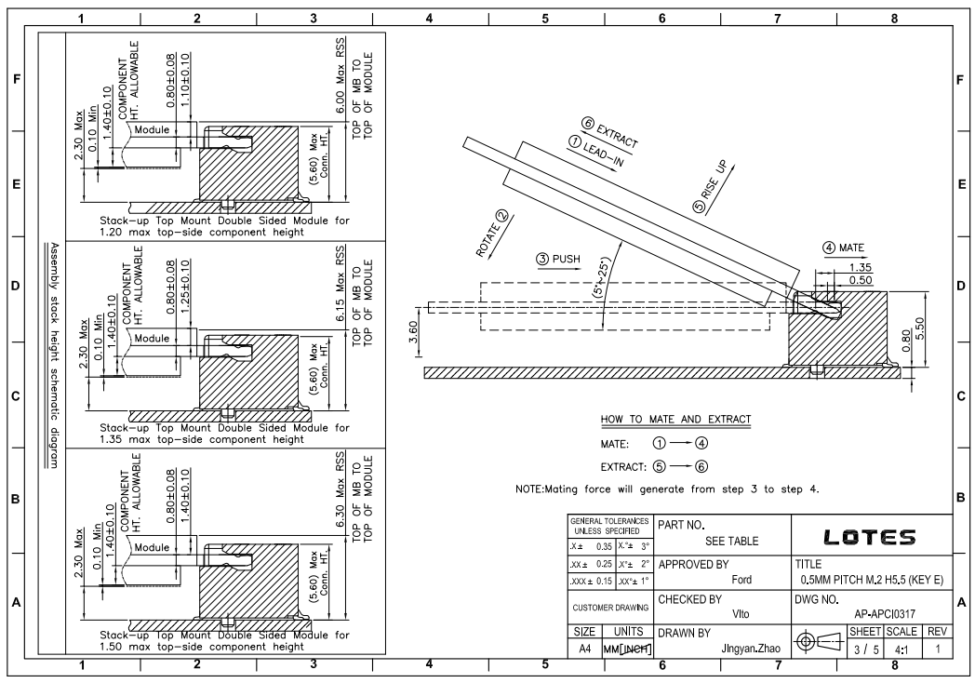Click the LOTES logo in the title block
coord(869,537)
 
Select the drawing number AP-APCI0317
coord(884,614)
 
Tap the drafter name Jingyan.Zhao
coord(751,649)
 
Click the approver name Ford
coord(741,580)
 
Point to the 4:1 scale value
coord(901,650)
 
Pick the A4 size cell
coord(584,650)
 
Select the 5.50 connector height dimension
coord(920,328)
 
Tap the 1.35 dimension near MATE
coord(861,267)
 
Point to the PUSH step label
coord(558,259)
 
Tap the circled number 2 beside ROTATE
coord(501,217)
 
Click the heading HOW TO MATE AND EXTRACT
coord(676,420)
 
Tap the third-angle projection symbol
coord(821,641)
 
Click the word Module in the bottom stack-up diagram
coord(152,547)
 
